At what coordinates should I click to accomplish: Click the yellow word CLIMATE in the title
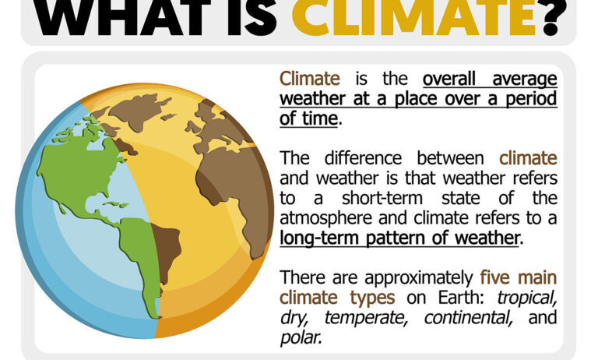(414, 18)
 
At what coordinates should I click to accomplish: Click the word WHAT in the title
(121, 18)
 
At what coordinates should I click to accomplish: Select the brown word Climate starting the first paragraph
(310, 79)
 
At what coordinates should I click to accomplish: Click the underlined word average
(525, 79)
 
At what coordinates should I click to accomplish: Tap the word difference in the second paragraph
(363, 158)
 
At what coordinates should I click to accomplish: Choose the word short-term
(382, 198)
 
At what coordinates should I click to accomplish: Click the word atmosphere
(327, 218)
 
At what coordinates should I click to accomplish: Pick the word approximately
(419, 278)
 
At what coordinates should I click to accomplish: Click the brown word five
(494, 277)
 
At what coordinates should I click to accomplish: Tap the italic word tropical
(526, 298)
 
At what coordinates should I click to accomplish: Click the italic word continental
(468, 318)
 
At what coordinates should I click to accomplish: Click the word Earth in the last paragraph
(461, 298)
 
